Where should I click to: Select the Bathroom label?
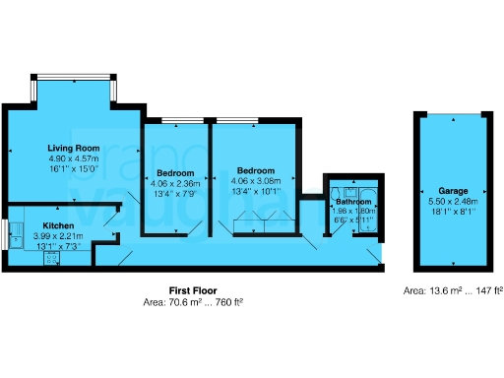(353, 202)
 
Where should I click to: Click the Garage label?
(453, 191)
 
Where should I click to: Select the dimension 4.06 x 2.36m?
(175, 182)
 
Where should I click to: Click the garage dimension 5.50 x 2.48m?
(454, 200)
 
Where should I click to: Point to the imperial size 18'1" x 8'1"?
(454, 210)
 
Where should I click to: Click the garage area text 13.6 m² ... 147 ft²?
(454, 291)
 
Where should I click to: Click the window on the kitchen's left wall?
(5, 234)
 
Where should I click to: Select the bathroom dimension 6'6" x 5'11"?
(353, 220)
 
